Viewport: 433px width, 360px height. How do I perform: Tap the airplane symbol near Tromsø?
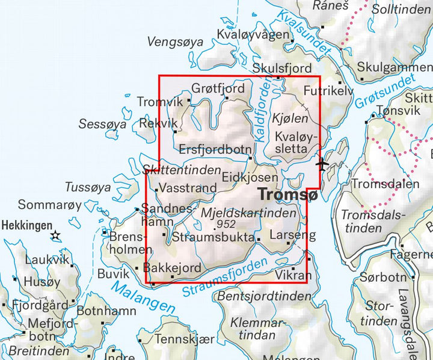click(323, 164)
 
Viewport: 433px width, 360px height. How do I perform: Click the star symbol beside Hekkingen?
click(56, 235)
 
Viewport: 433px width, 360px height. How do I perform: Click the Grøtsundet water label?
click(385, 92)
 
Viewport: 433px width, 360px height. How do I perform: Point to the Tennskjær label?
click(185, 339)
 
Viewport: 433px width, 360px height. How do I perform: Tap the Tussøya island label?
click(88, 187)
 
